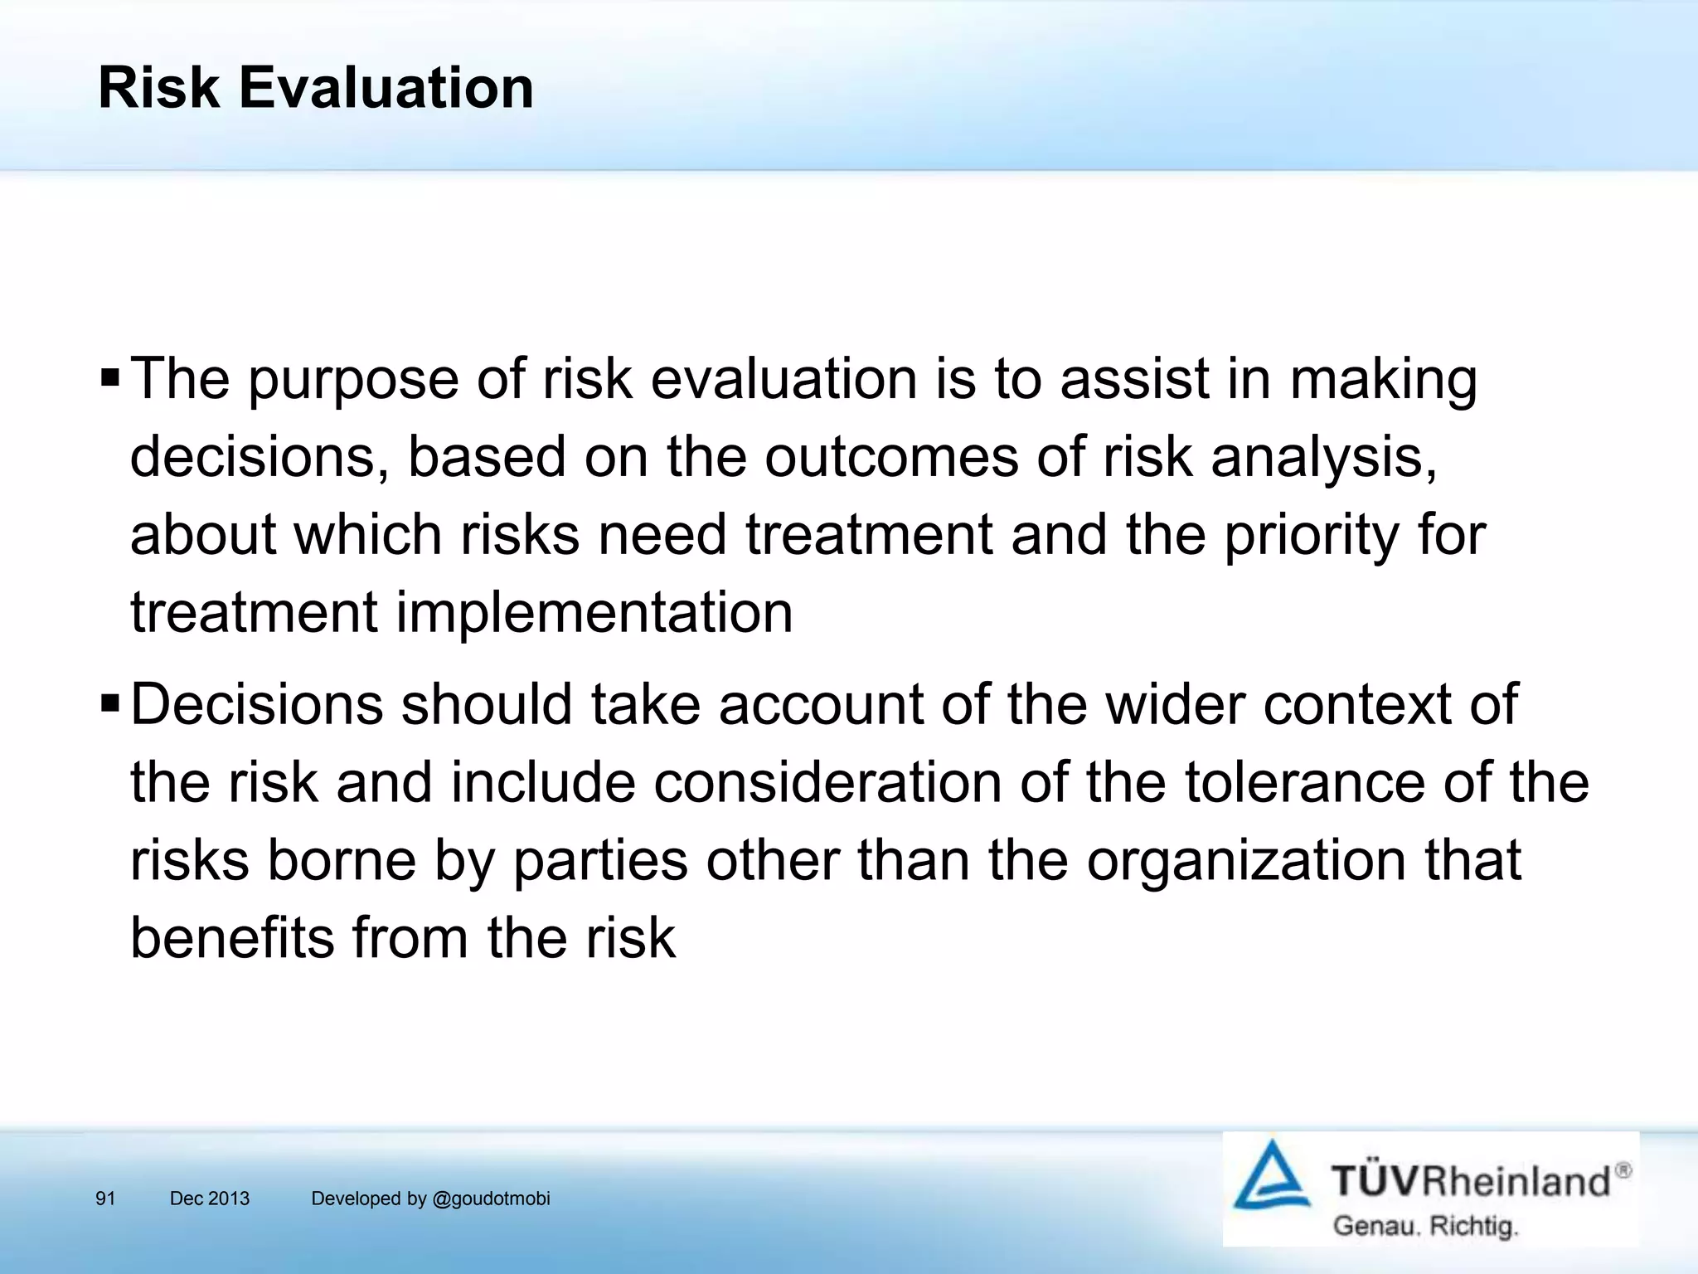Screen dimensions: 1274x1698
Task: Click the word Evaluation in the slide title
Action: click(x=386, y=87)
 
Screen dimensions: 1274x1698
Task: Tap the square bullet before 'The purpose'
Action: click(x=109, y=379)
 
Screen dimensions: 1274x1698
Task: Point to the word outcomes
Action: click(x=890, y=457)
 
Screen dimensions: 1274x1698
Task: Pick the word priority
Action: click(x=1312, y=537)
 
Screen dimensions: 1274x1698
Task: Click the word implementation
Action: click(x=594, y=614)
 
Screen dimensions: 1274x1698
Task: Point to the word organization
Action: click(x=1246, y=861)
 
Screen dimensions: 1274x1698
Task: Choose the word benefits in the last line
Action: click(x=231, y=938)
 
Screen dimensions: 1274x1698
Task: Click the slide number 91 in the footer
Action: click(x=105, y=1199)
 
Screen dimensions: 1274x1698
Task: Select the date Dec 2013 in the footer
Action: click(x=209, y=1199)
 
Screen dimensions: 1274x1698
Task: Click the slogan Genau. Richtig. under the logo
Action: click(x=1424, y=1226)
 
